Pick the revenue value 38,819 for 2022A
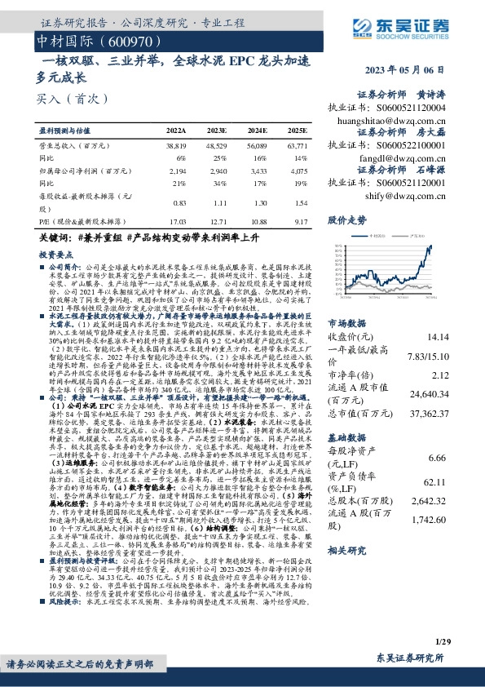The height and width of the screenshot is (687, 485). click(x=177, y=144)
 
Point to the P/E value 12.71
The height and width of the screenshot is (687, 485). click(x=218, y=221)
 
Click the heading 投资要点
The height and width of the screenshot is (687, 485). click(x=57, y=255)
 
